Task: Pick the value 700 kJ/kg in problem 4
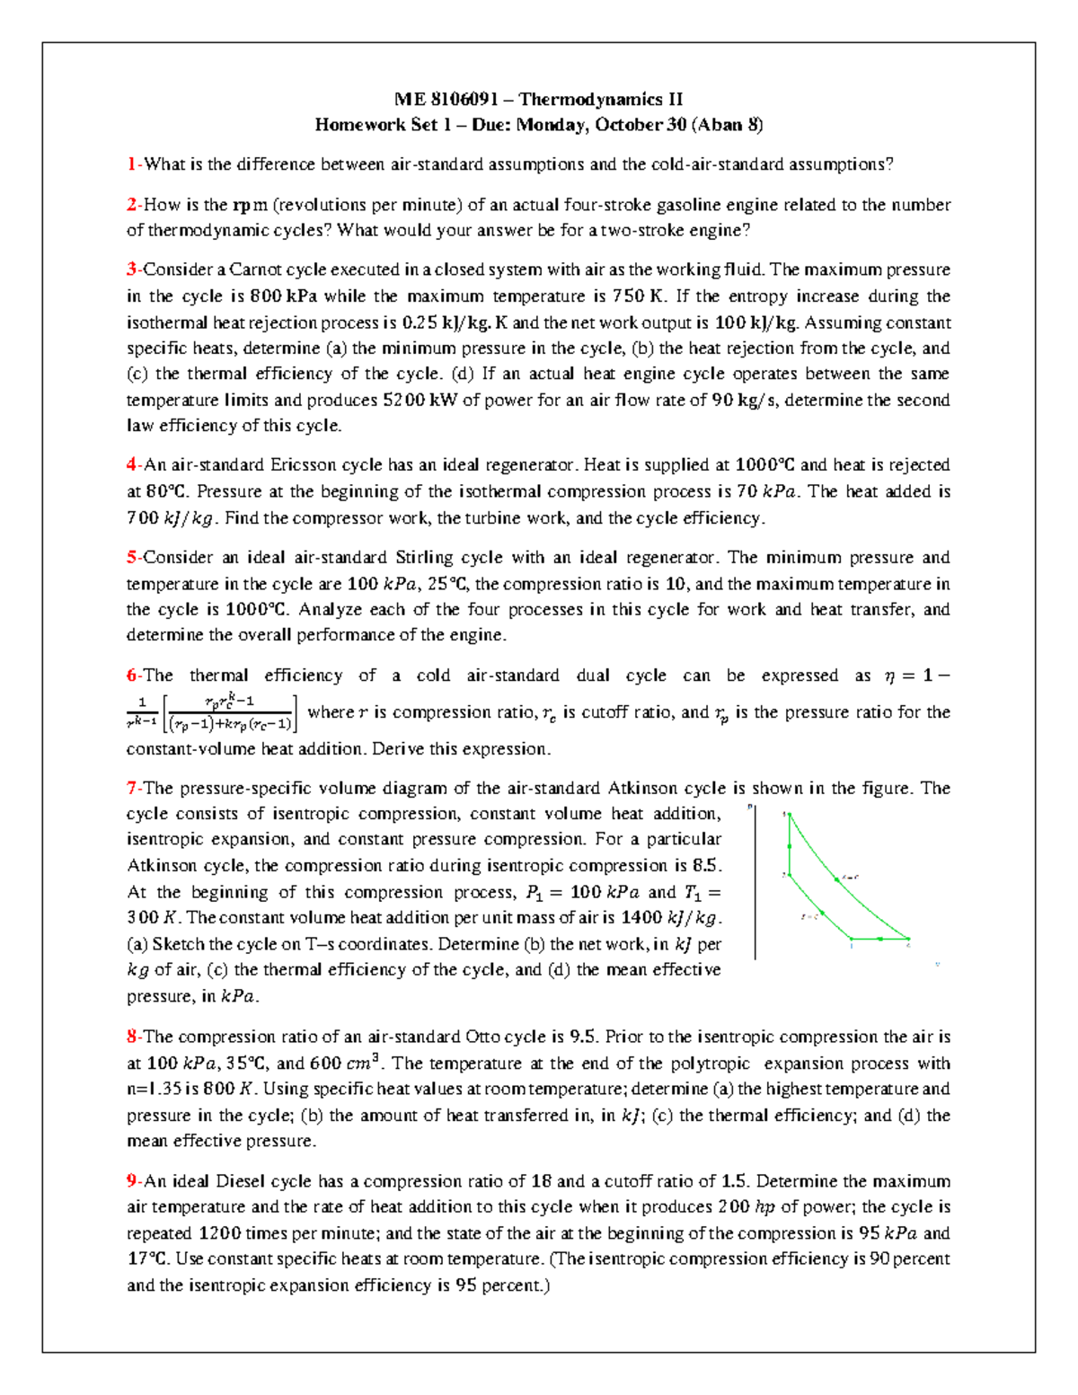171,518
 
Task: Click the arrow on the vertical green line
790,845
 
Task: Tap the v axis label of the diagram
937,964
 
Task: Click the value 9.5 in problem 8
583,1037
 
